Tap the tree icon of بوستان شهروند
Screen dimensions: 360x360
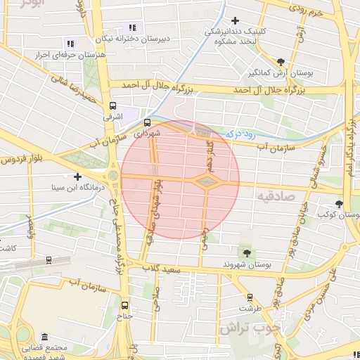pos(245,252)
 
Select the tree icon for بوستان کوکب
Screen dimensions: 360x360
pos(340,204)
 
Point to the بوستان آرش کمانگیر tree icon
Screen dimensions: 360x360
pos(281,62)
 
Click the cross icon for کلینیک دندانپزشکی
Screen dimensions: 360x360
pos(235,21)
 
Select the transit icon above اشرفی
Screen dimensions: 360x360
pos(112,107)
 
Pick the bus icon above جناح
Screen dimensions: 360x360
pos(125,305)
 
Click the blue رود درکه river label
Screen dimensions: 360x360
pos(240,131)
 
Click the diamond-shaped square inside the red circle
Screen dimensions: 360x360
pos(207,183)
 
